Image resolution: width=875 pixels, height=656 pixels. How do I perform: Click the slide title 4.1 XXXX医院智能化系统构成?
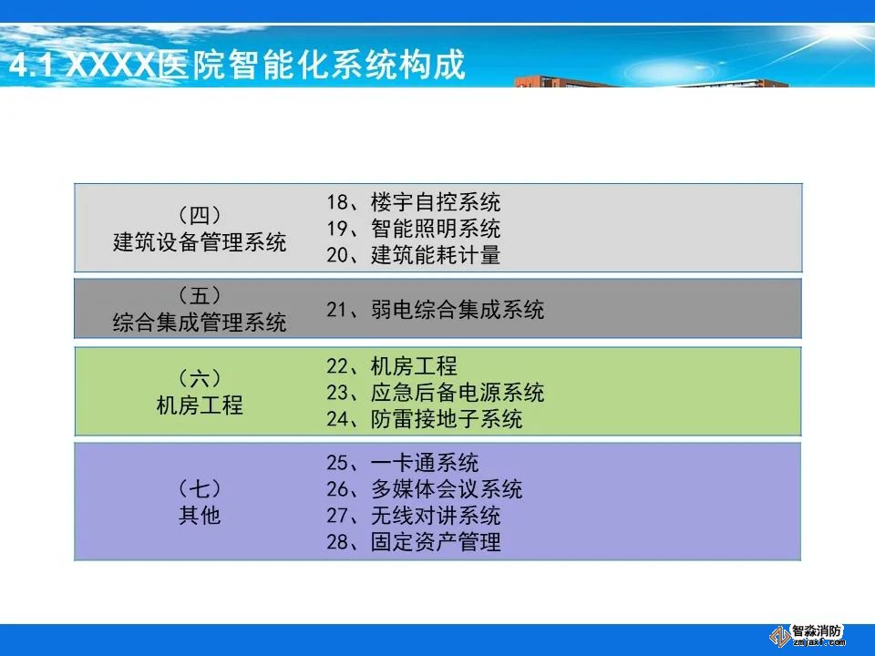click(x=238, y=65)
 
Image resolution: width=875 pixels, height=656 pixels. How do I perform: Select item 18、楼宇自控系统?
click(x=414, y=202)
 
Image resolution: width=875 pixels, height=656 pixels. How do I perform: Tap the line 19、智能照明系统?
click(x=414, y=228)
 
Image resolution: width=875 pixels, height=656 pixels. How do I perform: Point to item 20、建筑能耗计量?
click(x=414, y=255)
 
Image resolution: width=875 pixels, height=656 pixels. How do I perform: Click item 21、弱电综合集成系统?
click(x=436, y=309)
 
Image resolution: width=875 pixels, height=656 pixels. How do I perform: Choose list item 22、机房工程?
click(x=392, y=366)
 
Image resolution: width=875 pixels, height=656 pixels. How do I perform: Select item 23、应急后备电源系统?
click(x=436, y=392)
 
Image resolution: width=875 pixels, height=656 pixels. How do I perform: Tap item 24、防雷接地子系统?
click(x=425, y=419)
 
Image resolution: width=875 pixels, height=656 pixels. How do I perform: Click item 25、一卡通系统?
click(x=403, y=463)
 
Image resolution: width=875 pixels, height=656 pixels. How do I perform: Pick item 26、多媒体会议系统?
click(x=425, y=489)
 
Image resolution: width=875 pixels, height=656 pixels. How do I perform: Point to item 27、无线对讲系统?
click(x=414, y=516)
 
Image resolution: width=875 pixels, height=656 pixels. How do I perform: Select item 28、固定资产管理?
click(x=414, y=541)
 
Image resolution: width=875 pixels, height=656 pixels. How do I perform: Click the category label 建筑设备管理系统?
click(x=200, y=242)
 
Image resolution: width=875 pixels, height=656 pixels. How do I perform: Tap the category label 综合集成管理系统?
click(x=200, y=322)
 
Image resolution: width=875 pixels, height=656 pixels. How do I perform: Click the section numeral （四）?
click(x=200, y=215)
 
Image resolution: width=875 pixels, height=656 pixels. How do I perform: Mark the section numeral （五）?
click(x=200, y=295)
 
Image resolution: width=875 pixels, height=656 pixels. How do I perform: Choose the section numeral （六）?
click(x=200, y=378)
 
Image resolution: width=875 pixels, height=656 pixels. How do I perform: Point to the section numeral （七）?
click(x=200, y=488)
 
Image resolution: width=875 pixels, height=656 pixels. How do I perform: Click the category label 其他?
click(x=200, y=515)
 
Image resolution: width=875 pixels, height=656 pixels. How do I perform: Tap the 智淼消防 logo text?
click(x=817, y=631)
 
